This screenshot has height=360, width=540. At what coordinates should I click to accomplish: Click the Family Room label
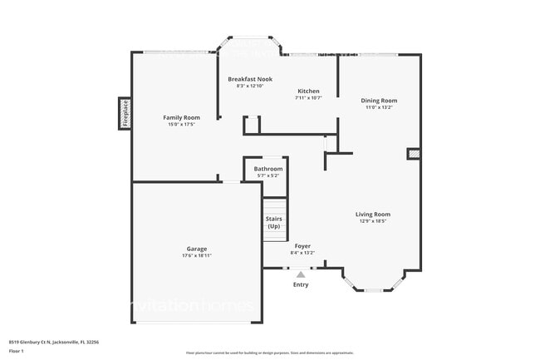coord(180,118)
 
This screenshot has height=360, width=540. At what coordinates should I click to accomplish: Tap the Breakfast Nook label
coord(250,79)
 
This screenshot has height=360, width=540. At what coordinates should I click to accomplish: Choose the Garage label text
coord(196,249)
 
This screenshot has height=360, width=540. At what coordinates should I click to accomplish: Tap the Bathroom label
coord(268,169)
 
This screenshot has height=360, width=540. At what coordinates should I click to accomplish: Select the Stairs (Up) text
coord(273,223)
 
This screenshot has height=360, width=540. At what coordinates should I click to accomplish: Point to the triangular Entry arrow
coord(301,274)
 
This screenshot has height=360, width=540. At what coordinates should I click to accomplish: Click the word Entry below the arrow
coord(301,285)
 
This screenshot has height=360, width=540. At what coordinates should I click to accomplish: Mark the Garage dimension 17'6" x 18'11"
coord(196,255)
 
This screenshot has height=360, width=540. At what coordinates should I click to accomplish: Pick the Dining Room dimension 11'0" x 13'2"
coord(379,107)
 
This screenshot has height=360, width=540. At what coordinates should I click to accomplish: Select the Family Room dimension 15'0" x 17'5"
coord(180,125)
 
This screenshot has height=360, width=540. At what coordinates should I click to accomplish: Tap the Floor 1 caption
coord(17,352)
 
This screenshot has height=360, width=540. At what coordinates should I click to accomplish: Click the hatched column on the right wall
coord(413,154)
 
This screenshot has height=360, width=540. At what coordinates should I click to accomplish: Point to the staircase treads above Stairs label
coord(274,206)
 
